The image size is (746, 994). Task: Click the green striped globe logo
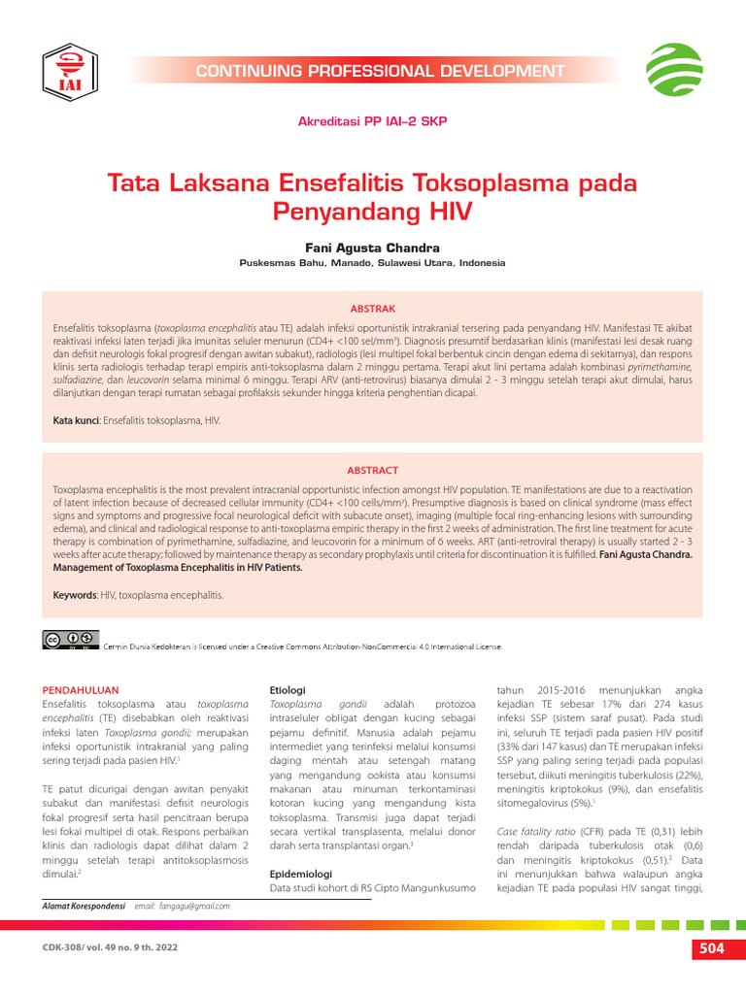675,69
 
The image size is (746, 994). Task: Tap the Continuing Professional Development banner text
379,71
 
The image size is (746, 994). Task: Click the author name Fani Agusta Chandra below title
372,248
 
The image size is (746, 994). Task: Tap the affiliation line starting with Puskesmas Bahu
372,263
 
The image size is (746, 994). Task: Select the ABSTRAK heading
373,308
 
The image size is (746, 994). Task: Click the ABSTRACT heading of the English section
373,470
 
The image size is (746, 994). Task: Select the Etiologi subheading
288,689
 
